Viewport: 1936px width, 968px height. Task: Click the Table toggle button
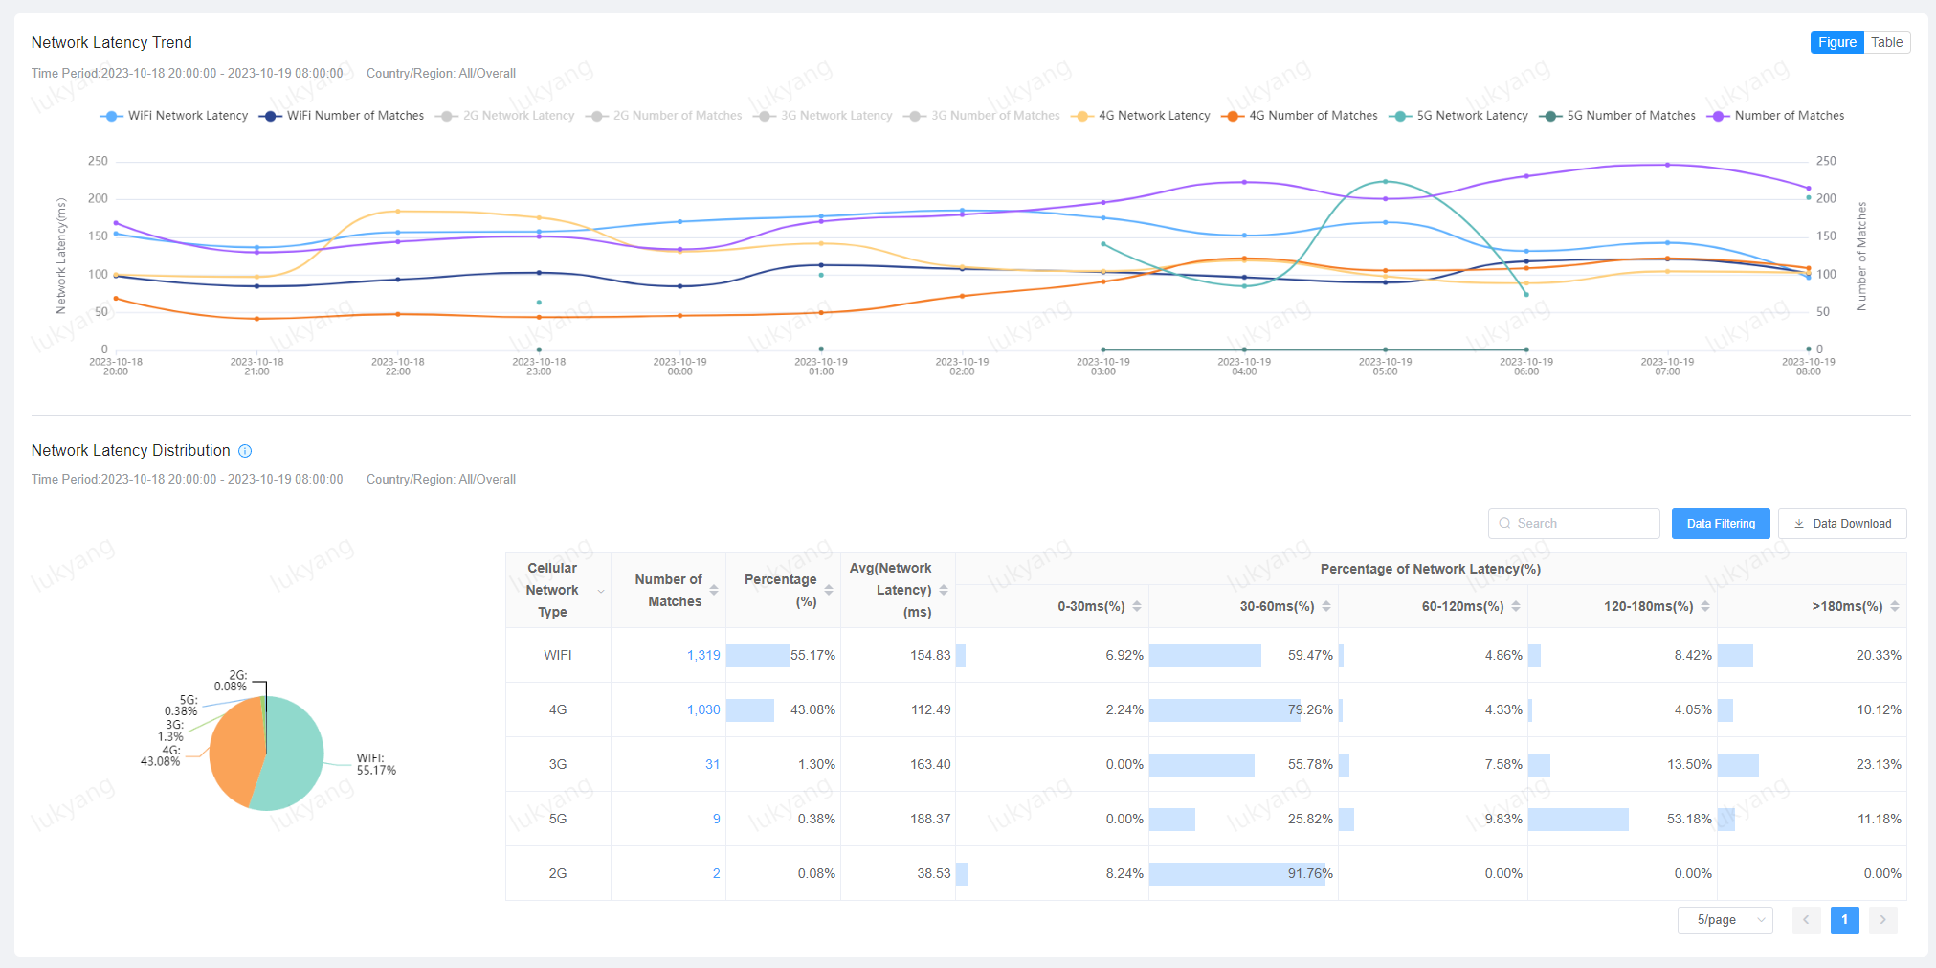pyautogui.click(x=1886, y=42)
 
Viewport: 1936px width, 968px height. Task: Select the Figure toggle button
pyautogui.click(x=1836, y=42)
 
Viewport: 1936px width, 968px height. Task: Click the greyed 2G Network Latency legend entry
pyautogui.click(x=518, y=116)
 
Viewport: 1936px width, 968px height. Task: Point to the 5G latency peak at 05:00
pyautogui.click(x=1385, y=181)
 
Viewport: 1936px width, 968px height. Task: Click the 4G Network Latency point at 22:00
pyautogui.click(x=398, y=211)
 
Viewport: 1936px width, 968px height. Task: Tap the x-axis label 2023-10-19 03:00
pyautogui.click(x=1102, y=367)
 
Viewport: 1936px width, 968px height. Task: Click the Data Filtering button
pyautogui.click(x=1720, y=524)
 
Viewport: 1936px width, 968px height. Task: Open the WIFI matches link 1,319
pyautogui.click(x=703, y=655)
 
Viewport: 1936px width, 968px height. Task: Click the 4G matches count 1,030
pyautogui.click(x=703, y=709)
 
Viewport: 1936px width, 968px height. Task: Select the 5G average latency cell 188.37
pyautogui.click(x=929, y=819)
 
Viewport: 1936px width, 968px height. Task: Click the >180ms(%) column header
pyautogui.click(x=1846, y=606)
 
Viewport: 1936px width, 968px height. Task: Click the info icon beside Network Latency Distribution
pyautogui.click(x=245, y=451)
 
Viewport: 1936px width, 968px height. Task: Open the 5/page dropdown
pyautogui.click(x=1725, y=920)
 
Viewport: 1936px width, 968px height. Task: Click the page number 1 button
pyautogui.click(x=1844, y=920)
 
